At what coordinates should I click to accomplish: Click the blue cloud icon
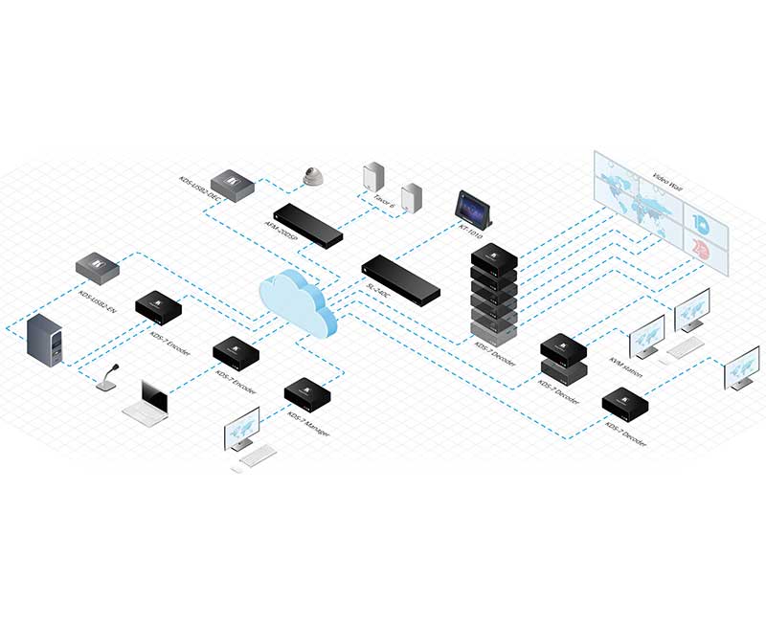click(x=298, y=302)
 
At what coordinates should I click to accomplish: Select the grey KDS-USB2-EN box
click(x=98, y=265)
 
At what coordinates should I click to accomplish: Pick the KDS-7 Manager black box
click(x=308, y=391)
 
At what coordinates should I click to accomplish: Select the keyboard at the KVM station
click(x=685, y=349)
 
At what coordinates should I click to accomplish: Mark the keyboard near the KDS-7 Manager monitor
click(x=258, y=456)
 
